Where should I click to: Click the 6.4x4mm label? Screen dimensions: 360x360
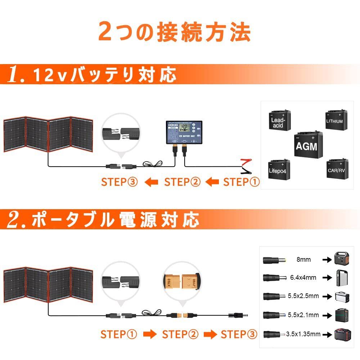303,278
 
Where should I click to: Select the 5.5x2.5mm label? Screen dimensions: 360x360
303,296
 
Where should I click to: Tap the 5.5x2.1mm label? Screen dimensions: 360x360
303,315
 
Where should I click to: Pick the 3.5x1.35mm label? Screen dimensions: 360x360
304,334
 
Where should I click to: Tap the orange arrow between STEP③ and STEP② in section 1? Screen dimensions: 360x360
151,183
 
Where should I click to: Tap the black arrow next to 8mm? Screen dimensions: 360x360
327,260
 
